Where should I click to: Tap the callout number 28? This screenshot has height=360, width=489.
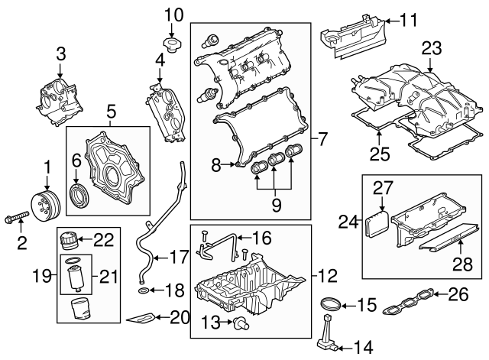point(464,264)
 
